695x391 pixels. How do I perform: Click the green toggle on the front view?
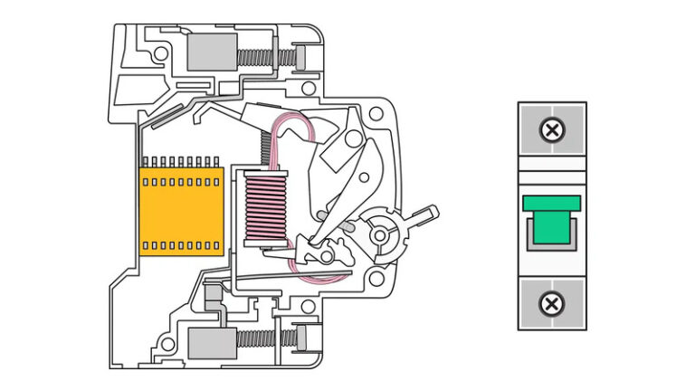550,221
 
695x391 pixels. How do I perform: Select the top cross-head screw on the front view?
550,131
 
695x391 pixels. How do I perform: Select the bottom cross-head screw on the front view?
550,303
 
